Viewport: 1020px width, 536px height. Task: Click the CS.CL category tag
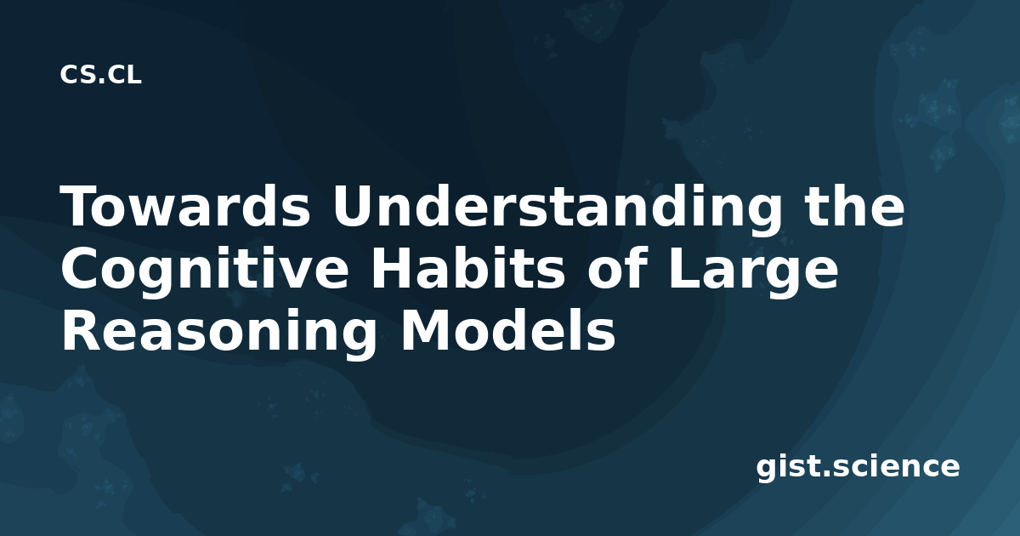pyautogui.click(x=100, y=75)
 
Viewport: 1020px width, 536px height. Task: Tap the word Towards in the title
pyautogui.click(x=185, y=207)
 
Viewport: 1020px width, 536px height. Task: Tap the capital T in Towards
pyautogui.click(x=81, y=207)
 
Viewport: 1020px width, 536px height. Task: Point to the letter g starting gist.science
pyautogui.click(x=768, y=470)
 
